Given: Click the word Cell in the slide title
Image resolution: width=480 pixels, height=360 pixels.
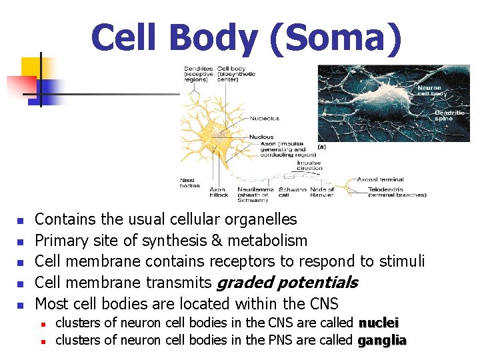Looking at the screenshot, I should pos(125,38).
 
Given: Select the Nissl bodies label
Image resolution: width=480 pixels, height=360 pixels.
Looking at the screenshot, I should pos(189,183).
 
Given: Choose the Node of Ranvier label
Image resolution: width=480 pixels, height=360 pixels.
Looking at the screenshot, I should pos(322,193).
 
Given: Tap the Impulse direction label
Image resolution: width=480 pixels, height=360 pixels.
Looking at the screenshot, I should pos(309,166).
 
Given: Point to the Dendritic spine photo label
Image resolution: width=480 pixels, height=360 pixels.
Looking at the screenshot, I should pos(449,116).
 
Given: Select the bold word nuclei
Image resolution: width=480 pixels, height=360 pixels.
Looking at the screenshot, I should pos(379,323).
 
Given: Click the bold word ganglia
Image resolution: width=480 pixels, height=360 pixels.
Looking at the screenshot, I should pos(382,341).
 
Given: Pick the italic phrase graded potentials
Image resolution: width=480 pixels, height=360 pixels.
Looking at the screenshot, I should pos(287,283).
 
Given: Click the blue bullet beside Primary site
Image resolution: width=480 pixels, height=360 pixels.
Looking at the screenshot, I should pos(20,241).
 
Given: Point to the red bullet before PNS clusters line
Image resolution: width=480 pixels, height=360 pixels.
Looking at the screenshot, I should pos(41,341).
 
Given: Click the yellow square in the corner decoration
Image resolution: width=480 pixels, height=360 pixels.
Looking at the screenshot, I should pos(32,67).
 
